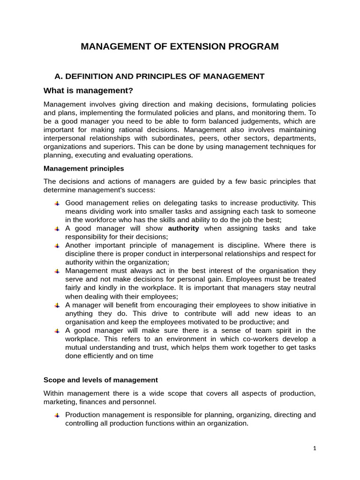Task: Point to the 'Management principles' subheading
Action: (x=84, y=168)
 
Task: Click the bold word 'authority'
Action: (x=183, y=228)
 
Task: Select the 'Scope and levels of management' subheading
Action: (x=101, y=380)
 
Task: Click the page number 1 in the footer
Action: (x=315, y=448)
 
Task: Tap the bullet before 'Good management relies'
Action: (x=57, y=203)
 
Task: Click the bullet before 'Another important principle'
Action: (x=57, y=246)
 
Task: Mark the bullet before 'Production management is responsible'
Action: (x=57, y=415)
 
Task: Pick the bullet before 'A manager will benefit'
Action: (x=57, y=305)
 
